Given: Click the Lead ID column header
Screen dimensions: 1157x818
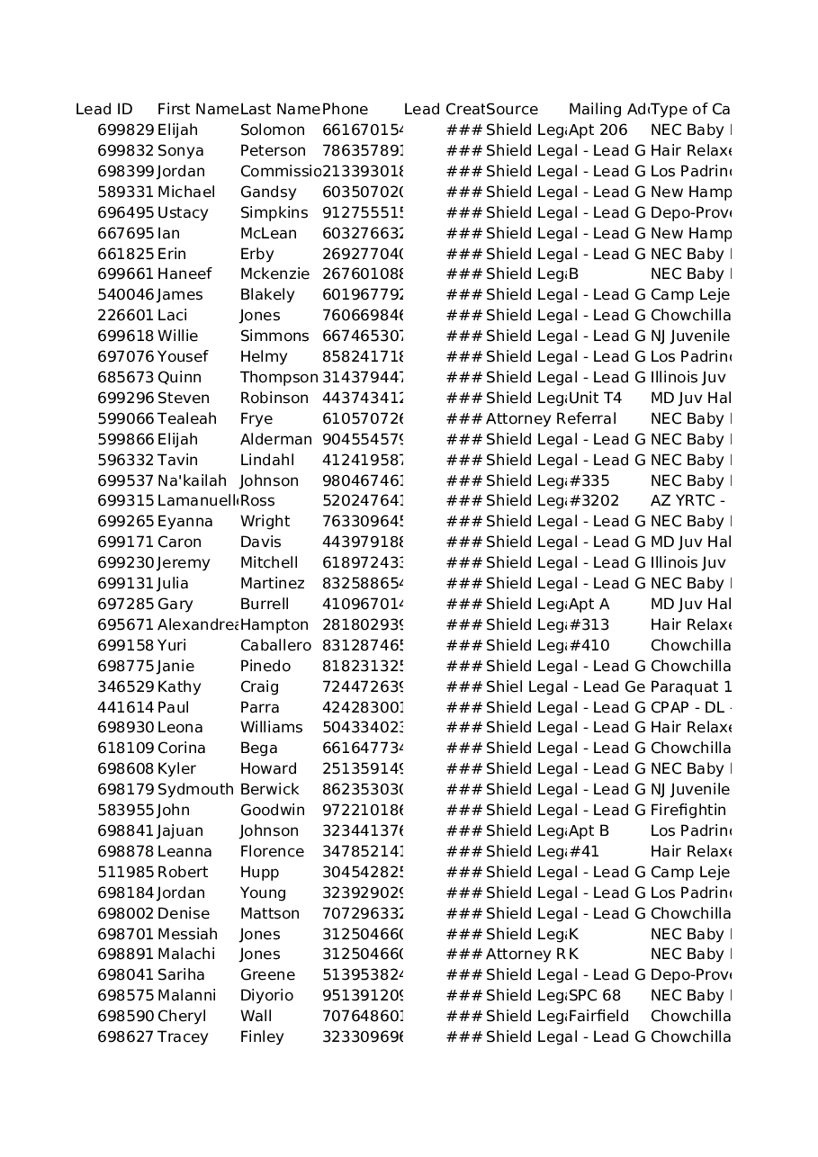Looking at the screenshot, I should (x=104, y=110).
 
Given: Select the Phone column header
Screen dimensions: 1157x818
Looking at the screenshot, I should (x=345, y=110).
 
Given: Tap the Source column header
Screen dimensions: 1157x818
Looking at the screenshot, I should (x=512, y=110).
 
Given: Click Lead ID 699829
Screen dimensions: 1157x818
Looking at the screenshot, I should (x=126, y=130).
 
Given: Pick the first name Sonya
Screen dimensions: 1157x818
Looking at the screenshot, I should (x=180, y=151).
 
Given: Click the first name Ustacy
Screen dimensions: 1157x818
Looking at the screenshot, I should (x=183, y=213).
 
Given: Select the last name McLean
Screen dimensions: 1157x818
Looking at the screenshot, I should (x=268, y=234).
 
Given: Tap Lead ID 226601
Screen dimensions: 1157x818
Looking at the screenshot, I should (x=126, y=316).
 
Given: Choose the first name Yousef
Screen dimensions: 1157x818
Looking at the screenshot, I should (x=183, y=357).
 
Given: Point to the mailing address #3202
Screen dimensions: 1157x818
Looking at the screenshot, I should (x=594, y=501).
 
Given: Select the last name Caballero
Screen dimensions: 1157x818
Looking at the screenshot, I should (x=275, y=646).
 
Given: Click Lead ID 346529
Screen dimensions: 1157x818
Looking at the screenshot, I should (x=126, y=687).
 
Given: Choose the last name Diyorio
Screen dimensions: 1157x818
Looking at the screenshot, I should (x=266, y=996).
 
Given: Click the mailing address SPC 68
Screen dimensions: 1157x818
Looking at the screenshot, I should (x=595, y=996).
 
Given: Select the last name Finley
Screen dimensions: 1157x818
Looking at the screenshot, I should (x=262, y=1037).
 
